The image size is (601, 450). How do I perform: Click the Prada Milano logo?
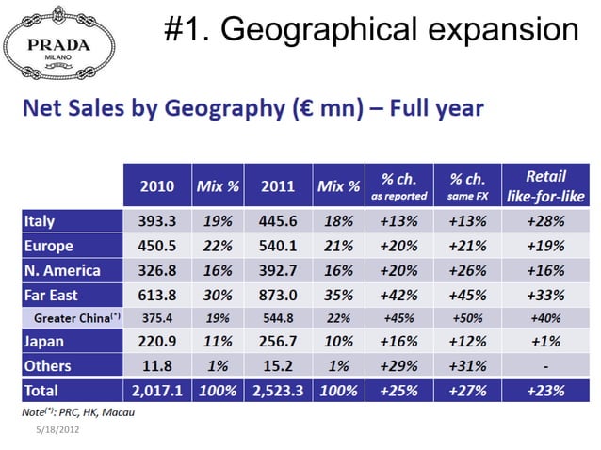59,43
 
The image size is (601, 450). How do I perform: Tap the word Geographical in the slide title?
318,30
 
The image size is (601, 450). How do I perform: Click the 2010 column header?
157,186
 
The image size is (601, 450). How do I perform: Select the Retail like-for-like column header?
545,186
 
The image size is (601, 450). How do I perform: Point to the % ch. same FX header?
467,186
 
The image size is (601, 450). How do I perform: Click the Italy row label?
40,221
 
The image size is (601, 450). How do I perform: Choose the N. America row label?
62,271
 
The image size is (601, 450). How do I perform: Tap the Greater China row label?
77,318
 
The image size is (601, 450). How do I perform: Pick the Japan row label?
43,341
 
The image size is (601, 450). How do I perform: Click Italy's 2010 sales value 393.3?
157,221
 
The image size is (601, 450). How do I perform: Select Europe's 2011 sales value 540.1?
278,246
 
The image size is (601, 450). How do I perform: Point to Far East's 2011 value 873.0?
278,296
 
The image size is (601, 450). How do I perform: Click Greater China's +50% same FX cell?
467,318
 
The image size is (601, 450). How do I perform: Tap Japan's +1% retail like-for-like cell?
545,341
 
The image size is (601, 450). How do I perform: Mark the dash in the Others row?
545,366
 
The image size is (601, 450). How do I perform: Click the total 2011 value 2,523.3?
278,391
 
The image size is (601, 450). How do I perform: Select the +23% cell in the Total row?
545,391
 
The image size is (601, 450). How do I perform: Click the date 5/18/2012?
57,429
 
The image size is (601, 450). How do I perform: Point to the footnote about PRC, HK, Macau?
78,412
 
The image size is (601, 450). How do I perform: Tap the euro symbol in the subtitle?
308,108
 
